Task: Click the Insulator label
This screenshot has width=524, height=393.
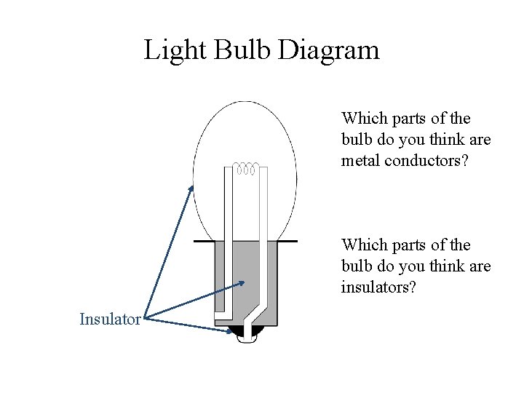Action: tap(110, 319)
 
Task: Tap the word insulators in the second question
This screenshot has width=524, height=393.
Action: tap(376, 287)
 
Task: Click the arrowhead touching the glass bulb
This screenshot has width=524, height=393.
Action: tap(192, 188)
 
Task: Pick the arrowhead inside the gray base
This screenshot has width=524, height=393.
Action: tap(242, 283)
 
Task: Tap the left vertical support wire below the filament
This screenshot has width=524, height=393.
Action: tap(227, 233)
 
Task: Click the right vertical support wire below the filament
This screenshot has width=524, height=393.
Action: tap(263, 233)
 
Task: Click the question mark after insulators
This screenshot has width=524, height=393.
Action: tap(413, 287)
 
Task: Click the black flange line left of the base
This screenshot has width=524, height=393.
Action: tap(204, 240)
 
